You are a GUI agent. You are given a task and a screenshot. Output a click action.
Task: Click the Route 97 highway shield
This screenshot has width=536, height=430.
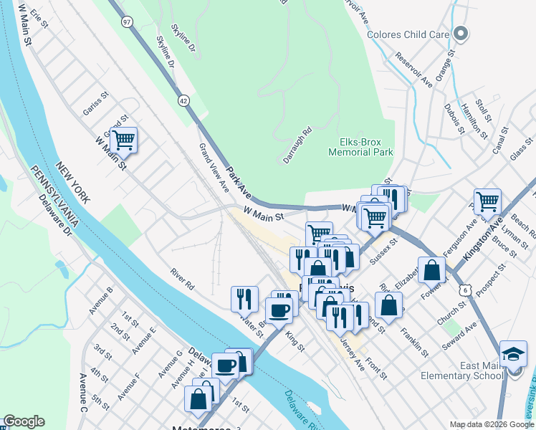(x=127, y=23)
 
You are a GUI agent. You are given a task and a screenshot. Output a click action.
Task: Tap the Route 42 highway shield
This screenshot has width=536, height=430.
(x=184, y=102)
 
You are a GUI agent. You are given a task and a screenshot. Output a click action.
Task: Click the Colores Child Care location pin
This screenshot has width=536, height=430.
(x=461, y=34)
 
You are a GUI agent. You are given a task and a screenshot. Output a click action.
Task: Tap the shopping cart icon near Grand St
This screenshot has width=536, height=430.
(x=123, y=140)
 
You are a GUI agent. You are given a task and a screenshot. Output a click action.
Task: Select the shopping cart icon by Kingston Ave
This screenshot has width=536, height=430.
(x=488, y=201)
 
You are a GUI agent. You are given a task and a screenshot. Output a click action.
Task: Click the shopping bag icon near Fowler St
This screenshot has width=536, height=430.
(x=432, y=270)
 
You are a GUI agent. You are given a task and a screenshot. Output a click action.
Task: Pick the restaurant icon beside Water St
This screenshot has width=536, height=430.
(x=244, y=297)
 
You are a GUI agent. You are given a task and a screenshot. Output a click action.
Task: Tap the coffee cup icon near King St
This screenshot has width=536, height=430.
(x=279, y=310)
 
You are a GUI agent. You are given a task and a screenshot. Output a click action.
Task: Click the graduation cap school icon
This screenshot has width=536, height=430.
(x=512, y=353)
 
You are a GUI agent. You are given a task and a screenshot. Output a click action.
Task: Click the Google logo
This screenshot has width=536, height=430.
(x=24, y=421)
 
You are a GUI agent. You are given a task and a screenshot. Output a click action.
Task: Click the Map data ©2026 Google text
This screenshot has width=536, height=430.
(x=492, y=424)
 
